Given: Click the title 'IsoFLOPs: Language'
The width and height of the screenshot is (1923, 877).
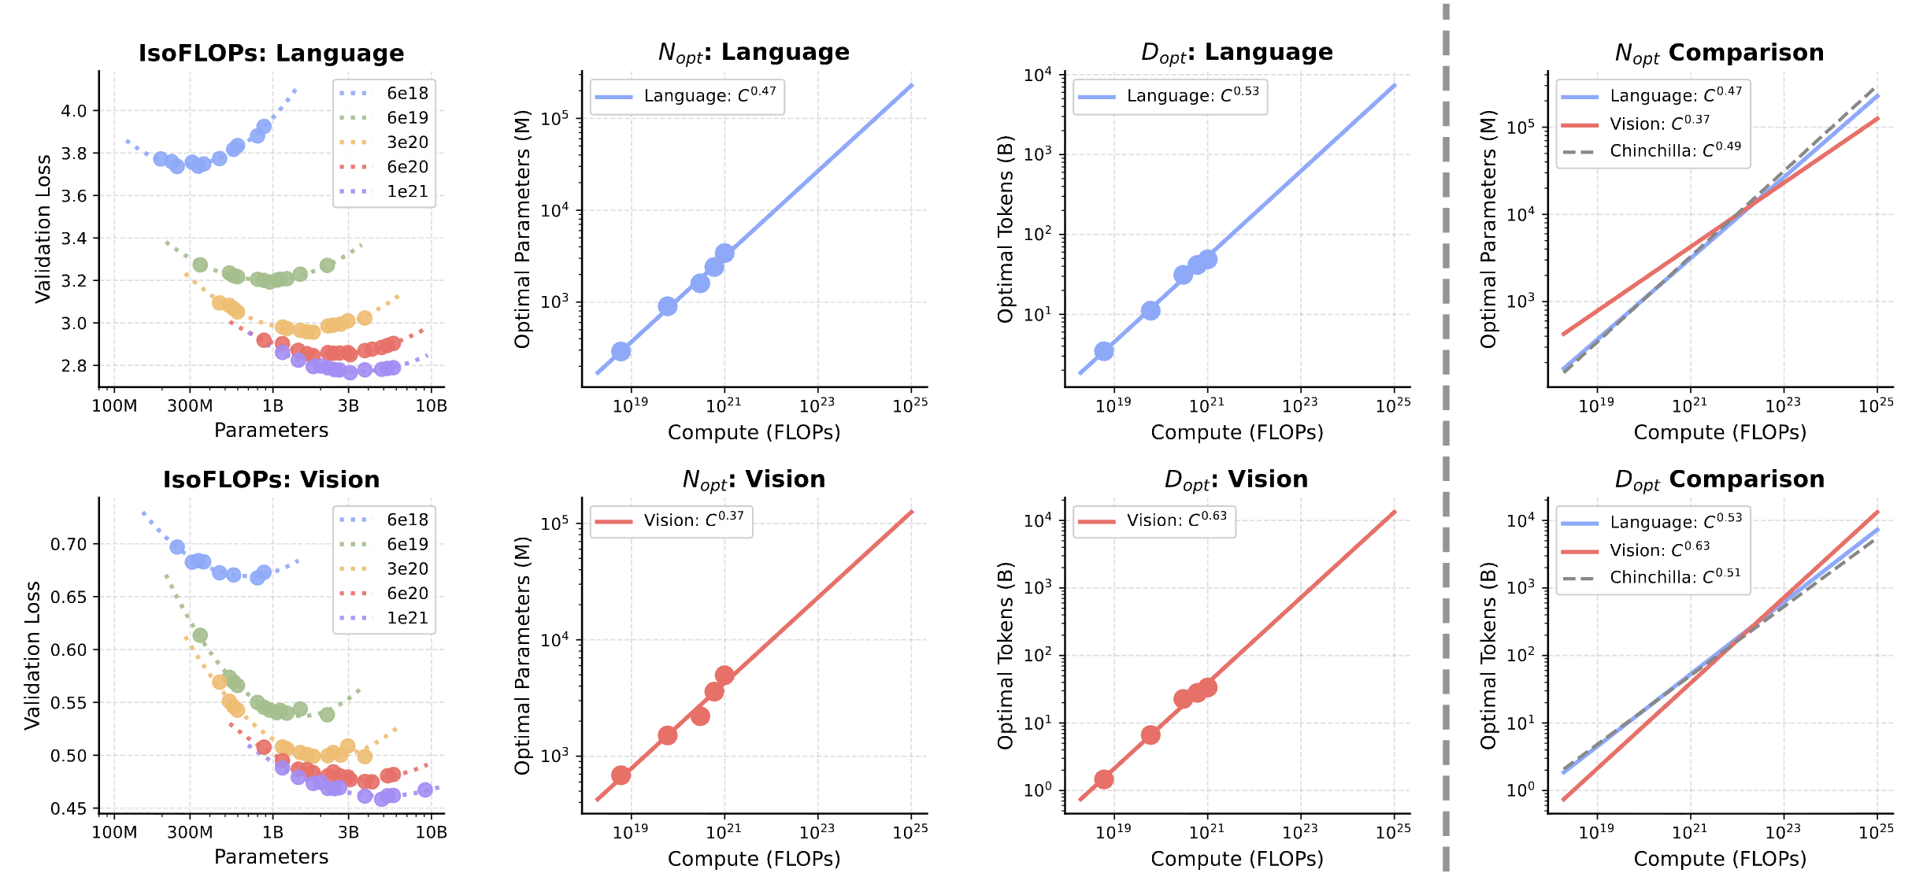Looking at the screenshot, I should tap(271, 53).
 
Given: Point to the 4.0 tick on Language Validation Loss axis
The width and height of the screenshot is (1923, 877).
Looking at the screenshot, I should tap(74, 111).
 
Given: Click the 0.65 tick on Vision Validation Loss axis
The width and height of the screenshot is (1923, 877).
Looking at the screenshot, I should tap(69, 597).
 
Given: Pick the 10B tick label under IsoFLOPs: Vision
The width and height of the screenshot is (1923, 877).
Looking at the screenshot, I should tap(431, 832).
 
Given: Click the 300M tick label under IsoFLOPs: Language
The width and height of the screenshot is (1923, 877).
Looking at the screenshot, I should tap(190, 405).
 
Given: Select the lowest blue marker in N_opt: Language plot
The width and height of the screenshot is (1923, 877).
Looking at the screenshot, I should tap(621, 351).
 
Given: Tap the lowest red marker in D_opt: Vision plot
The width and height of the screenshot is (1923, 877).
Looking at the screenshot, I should tap(1104, 779).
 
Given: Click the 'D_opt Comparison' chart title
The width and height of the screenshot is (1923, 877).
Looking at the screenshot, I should tap(1719, 479).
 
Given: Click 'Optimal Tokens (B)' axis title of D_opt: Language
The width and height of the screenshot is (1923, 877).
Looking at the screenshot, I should tap(1005, 229).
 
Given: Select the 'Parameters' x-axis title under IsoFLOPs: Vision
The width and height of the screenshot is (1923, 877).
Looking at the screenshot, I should tap(271, 857).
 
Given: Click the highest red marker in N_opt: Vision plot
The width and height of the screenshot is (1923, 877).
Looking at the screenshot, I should tap(724, 675).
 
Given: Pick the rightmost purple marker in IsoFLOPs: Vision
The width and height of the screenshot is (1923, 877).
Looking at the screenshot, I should tap(425, 790).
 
